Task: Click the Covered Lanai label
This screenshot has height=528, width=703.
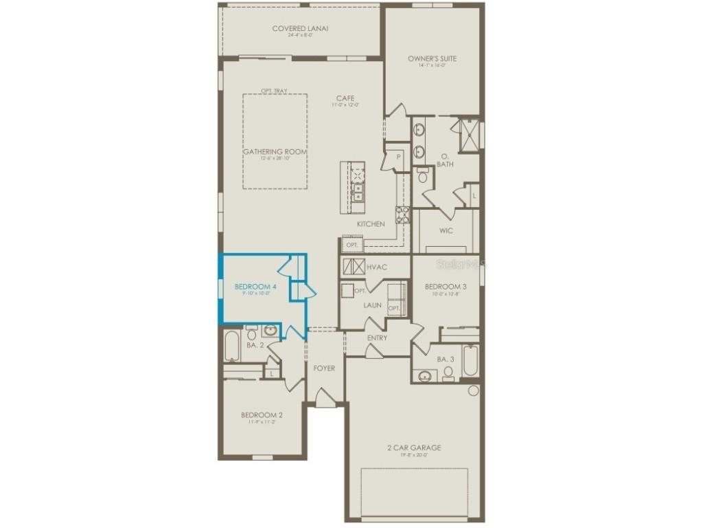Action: tap(300, 28)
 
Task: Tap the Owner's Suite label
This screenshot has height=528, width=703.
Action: tap(432, 58)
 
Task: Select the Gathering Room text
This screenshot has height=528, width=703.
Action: tap(275, 152)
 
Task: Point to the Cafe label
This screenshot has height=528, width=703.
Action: tap(345, 98)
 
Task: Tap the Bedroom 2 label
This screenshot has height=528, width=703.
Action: tap(262, 415)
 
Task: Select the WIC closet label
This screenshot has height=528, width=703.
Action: tap(446, 230)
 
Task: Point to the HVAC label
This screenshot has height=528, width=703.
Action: tap(377, 266)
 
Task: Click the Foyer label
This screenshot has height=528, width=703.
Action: tap(324, 368)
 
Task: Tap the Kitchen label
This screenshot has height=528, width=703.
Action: tap(371, 224)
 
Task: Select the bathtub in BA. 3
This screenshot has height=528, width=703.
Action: tap(470, 361)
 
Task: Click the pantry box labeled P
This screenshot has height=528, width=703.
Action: tap(397, 156)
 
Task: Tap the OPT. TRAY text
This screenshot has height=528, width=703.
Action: tap(274, 90)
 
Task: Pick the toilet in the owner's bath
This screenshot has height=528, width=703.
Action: tap(423, 177)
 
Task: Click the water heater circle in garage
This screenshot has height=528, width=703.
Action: tap(473, 390)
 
